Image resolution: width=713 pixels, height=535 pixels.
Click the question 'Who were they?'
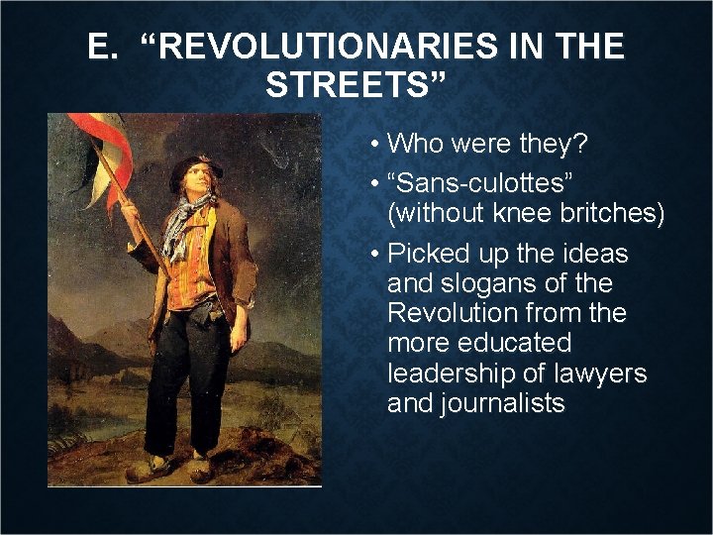click(488, 144)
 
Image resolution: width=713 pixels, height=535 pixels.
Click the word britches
click(613, 213)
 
